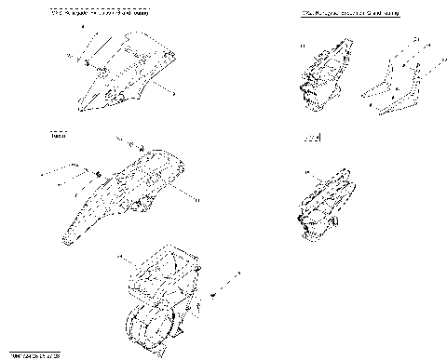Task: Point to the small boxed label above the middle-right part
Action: (312, 139)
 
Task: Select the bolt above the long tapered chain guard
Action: (135, 146)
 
